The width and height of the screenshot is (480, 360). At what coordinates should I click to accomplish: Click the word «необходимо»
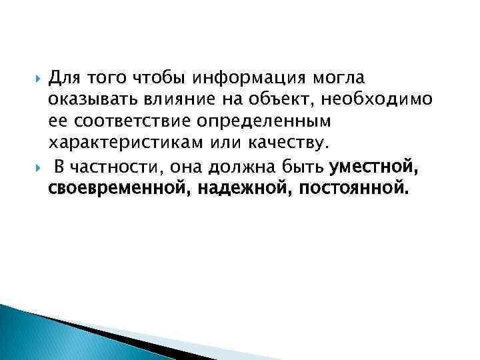coord(378,101)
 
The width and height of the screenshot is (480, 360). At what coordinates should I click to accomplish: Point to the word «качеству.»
coord(282,144)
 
